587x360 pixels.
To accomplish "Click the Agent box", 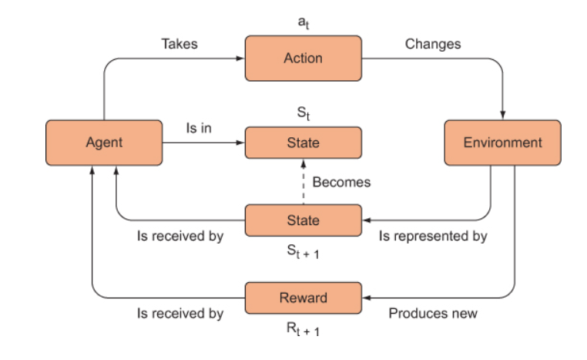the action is point(104,143).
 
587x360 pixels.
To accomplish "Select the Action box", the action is point(304,59).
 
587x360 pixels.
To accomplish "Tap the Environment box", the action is point(502,143).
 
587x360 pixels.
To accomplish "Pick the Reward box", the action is point(304,298).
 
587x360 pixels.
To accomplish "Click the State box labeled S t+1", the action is point(304,220).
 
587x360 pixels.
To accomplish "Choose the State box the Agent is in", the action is point(304,143).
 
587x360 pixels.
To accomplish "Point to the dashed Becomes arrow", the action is point(304,182).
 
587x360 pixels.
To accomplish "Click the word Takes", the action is point(179,44).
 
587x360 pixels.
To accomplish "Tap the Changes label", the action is point(433,44).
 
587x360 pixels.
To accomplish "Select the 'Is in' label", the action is point(199,128).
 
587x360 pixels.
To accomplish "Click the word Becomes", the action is point(341,182).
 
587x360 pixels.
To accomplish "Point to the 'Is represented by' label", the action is point(433,237).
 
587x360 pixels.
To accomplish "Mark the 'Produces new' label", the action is point(433,313).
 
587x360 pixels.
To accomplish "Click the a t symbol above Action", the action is point(304,23).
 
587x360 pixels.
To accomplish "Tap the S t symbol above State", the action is point(304,113).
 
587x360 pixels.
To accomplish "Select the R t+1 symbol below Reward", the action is point(303,329).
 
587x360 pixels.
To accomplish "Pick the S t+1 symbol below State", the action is point(303,252).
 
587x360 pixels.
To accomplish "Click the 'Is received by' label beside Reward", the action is point(180,314).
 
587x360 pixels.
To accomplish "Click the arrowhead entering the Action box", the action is point(240,59).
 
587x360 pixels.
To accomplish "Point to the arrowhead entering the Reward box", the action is point(367,298).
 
